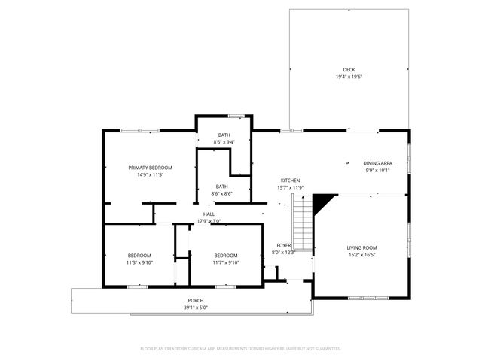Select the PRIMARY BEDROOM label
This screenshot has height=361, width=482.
click(151, 167)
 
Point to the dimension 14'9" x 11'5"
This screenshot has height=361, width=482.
click(151, 174)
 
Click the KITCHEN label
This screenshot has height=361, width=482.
click(291, 180)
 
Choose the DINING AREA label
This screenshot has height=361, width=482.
click(377, 163)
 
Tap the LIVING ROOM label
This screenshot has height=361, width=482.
click(361, 247)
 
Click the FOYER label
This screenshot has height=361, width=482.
click(283, 245)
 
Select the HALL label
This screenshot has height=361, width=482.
click(209, 214)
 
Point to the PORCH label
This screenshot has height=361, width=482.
click(196, 301)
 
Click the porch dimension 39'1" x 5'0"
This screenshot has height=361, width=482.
click(196, 308)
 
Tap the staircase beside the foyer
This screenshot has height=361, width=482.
click(301, 223)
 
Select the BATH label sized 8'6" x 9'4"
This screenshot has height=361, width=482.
click(224, 135)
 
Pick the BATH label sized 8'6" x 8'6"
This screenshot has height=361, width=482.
click(222, 187)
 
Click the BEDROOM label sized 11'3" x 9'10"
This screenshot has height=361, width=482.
click(139, 255)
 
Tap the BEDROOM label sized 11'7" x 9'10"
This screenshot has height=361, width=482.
click(225, 255)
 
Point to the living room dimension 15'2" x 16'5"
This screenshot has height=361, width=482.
click(361, 255)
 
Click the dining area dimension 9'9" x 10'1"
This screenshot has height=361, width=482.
click(377, 170)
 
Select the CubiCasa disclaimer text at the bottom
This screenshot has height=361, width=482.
click(241, 349)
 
